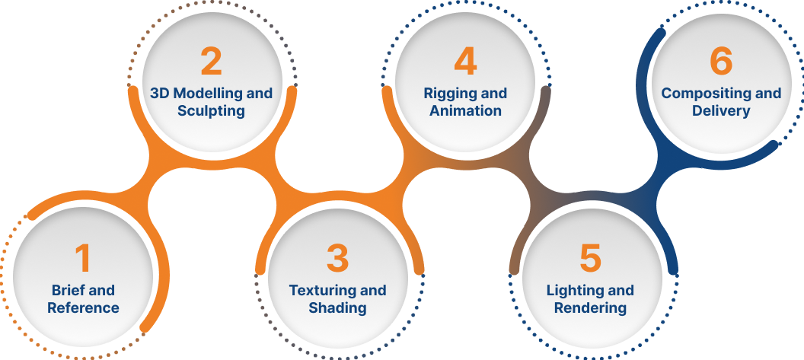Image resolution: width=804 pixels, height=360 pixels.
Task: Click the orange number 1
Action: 82,258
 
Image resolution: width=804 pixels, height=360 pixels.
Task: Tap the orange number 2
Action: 211,62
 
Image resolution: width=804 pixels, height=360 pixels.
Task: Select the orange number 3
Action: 337,258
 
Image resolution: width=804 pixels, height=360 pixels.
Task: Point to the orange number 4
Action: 465,62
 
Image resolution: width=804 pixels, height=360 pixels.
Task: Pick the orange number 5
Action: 590,258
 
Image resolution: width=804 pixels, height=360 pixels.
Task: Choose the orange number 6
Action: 720,62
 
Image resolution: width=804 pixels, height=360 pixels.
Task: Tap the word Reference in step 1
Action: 83,308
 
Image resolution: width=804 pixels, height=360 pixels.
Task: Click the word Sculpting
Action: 211,111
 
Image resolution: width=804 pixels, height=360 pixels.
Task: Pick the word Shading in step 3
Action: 337,308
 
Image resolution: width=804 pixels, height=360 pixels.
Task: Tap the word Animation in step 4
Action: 465,111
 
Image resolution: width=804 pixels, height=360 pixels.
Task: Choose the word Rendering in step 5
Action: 590,308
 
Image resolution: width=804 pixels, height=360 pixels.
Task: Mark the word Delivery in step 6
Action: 720,111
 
